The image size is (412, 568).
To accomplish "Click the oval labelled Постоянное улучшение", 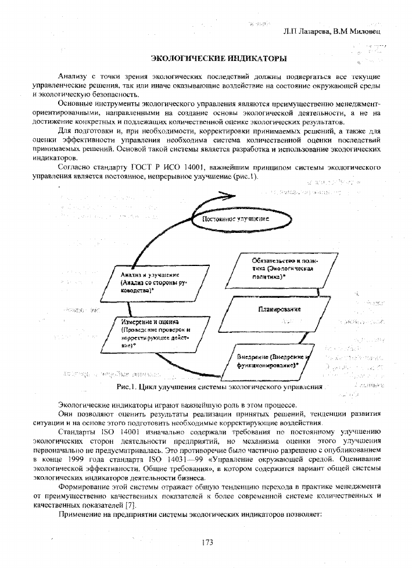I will point(235,220).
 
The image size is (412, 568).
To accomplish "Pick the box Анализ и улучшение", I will point(153,283).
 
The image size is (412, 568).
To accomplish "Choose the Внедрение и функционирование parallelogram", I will point(266,360).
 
